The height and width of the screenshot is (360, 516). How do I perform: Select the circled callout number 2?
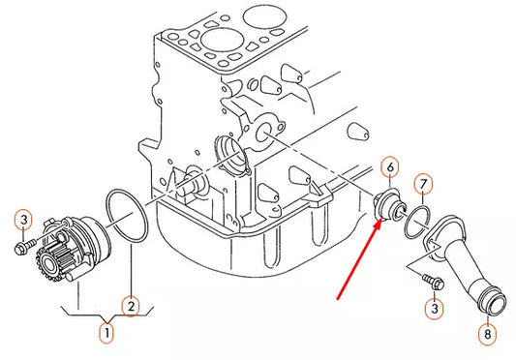coord(130,307)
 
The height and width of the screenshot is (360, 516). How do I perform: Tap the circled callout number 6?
coord(390,167)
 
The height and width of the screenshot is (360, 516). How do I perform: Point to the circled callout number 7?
coord(423,183)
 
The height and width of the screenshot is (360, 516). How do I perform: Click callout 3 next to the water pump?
coord(24,221)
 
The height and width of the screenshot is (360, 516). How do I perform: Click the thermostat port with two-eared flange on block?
coord(263,134)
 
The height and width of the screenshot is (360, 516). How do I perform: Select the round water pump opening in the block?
coord(229,154)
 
